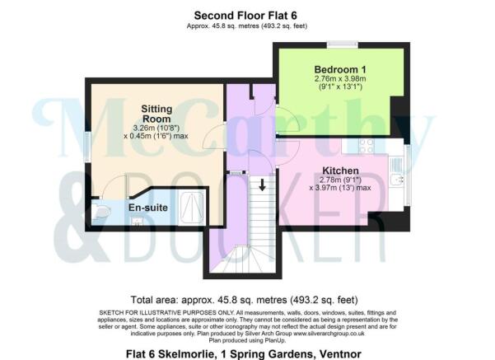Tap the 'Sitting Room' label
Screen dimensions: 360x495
pos(156,114)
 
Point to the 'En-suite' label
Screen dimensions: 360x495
pos(148,208)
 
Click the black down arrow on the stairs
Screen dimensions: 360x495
pos(262,186)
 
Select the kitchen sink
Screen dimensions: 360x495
pos(398,179)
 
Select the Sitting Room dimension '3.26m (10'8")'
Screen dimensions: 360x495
pos(156,128)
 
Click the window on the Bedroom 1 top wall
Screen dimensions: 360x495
pos(338,44)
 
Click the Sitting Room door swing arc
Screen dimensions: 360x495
pos(217,137)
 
